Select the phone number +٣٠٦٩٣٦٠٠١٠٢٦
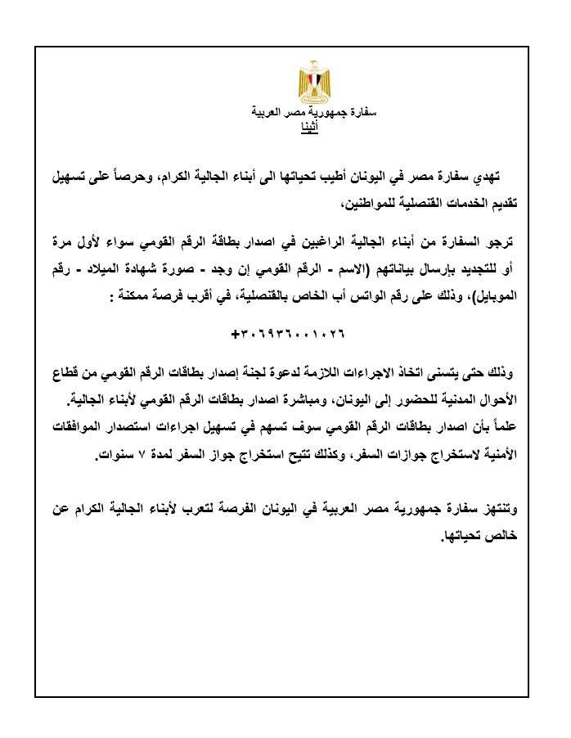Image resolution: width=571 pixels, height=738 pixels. [x=289, y=335]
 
